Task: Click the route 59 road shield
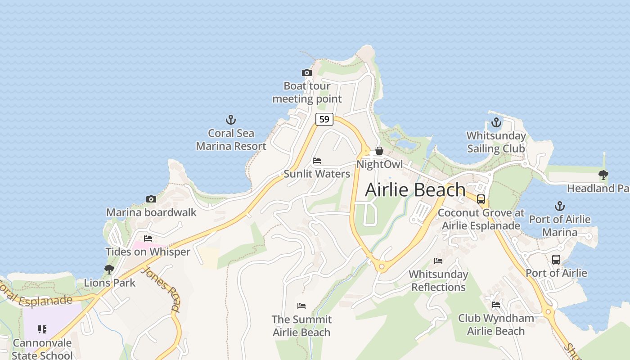coord(324,119)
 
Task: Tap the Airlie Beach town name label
coord(415,189)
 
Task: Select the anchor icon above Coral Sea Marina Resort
coord(231,120)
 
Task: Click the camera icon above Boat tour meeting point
coord(306,72)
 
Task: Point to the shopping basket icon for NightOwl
coord(379,151)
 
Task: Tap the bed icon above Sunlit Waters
coord(317,161)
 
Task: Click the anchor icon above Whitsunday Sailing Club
coord(496,122)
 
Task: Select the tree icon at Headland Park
coord(603,175)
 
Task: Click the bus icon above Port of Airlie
coord(556,260)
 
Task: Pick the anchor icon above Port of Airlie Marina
coord(559,206)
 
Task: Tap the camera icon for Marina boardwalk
coord(151,199)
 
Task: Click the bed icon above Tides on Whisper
coord(148,238)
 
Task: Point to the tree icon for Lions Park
coord(109,270)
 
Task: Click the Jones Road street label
coord(161,288)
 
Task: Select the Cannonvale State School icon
coord(42,329)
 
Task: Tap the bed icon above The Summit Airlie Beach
coord(301,306)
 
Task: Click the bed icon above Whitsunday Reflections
coord(438,261)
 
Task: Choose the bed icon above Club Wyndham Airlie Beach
coord(496,305)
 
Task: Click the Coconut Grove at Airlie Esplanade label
coord(481,219)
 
